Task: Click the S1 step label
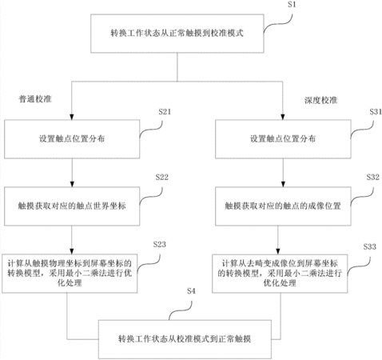point(292,5)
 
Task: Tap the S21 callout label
point(165,112)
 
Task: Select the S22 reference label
point(162,177)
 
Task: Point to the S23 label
point(160,244)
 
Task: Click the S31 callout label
point(376,112)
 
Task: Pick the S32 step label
point(373,177)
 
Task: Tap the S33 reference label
point(370,246)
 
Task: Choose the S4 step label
point(191,291)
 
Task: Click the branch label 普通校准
point(35,99)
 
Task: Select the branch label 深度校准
point(321,100)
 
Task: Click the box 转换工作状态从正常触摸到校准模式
point(177,34)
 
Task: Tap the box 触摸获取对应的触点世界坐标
point(72,206)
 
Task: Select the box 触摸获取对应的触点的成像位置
point(283,206)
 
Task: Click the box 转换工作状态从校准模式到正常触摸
point(185,339)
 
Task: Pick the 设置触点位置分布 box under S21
point(72,139)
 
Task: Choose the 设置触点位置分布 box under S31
point(283,139)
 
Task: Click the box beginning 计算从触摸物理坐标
point(70,274)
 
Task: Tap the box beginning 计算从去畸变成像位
point(280,274)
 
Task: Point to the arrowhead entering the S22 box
point(72,184)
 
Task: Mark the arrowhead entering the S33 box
point(278,251)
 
